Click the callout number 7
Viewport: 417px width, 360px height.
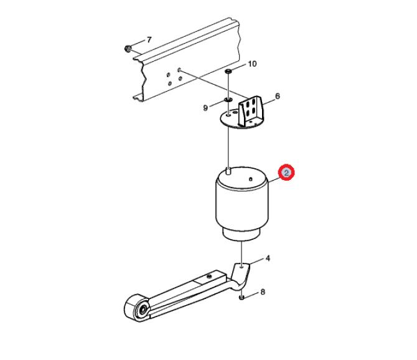[x=149, y=40]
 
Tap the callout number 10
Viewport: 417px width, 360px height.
[x=252, y=64]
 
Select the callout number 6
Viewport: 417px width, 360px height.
[x=278, y=96]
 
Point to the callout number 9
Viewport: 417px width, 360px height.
[x=205, y=108]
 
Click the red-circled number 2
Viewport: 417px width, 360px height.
[x=286, y=173]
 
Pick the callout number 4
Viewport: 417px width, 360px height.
[x=268, y=258]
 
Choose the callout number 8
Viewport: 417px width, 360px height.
[x=263, y=292]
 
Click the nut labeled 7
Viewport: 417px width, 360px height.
[x=128, y=49]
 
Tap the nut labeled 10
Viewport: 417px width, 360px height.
[x=228, y=71]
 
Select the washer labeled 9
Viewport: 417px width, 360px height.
[x=228, y=100]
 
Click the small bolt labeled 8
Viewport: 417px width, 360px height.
[x=241, y=297]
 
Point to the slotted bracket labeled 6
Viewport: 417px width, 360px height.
[x=250, y=111]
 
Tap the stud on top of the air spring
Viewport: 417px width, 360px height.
[x=228, y=171]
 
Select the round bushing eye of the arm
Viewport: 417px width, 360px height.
[x=137, y=308]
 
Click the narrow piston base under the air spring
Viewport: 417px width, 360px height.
[x=241, y=235]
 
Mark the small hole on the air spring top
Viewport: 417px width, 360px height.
[x=250, y=179]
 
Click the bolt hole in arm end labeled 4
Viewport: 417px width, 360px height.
[x=241, y=265]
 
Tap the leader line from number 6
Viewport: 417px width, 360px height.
[x=268, y=102]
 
